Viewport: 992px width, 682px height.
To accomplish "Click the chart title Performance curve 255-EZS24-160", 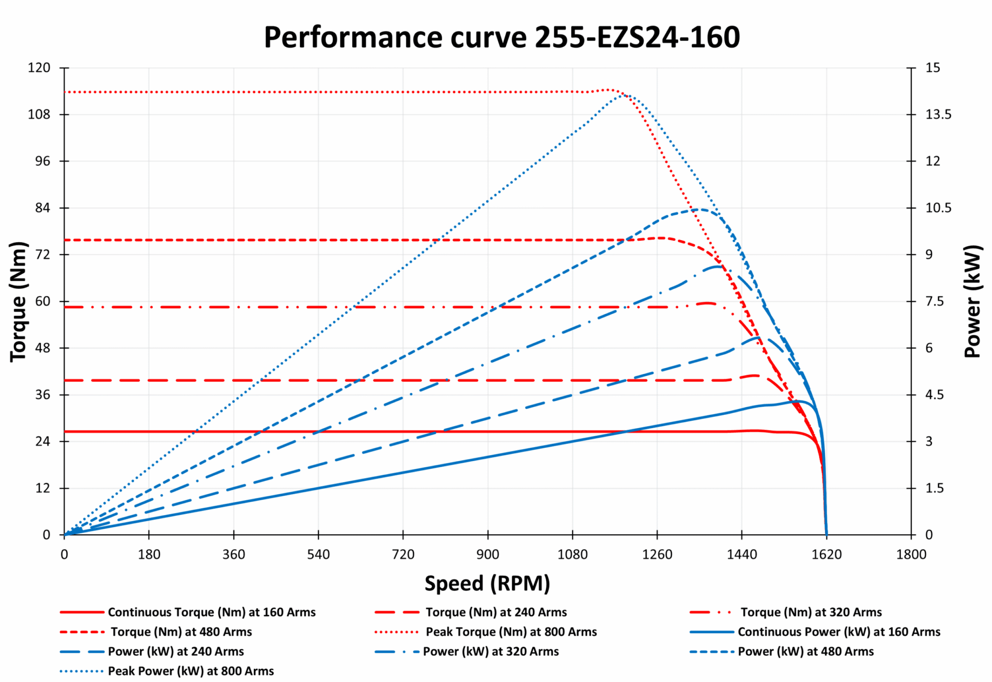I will [x=502, y=37].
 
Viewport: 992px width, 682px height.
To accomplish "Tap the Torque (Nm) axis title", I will [x=18, y=301].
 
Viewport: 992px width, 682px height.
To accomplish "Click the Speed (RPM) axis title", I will [x=487, y=583].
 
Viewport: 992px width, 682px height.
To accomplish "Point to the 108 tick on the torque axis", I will [x=39, y=114].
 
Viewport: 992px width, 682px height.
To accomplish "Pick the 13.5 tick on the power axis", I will [x=938, y=114].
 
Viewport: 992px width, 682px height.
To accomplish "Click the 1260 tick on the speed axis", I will [x=657, y=555].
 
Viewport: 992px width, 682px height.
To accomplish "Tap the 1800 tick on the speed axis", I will [x=911, y=555].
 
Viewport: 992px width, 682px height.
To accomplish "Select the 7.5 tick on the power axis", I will [x=934, y=301].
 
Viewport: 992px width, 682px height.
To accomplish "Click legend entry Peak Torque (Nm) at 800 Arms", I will [x=511, y=632].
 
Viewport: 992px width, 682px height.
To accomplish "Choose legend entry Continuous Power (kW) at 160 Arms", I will [x=839, y=632].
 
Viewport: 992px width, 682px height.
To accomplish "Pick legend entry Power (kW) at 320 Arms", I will [x=491, y=652].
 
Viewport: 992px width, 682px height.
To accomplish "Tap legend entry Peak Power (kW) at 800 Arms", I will [x=191, y=671].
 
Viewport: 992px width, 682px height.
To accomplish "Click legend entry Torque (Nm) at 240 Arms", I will [x=496, y=613].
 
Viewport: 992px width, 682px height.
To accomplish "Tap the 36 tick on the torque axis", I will [x=43, y=395].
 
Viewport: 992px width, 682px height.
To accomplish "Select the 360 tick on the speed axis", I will [x=233, y=555].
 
